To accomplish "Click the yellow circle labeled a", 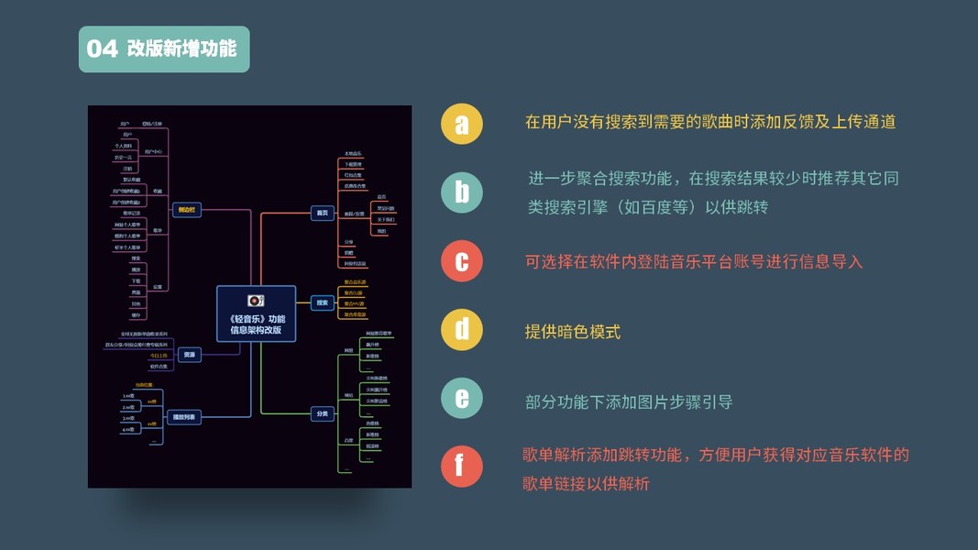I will coord(462,123).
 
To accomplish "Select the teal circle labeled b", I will coord(462,192).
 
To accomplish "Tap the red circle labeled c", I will coord(462,261).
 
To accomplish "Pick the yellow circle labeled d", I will coord(462,330).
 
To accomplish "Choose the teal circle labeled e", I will coord(462,400).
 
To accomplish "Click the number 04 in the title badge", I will coord(103,49).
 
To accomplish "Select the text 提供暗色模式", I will coord(573,332).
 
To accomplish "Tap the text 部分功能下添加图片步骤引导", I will coord(629,401).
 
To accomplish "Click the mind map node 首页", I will coord(322,213).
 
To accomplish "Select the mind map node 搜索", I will coord(322,302).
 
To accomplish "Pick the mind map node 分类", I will coord(322,414).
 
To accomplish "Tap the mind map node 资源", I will coord(189,355).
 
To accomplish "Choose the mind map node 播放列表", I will coord(185,417).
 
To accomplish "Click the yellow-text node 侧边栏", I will coord(186,210).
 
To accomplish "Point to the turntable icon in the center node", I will coord(256,301).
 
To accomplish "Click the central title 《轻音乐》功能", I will coord(257,318).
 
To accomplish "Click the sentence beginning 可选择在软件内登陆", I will coord(694,262).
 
